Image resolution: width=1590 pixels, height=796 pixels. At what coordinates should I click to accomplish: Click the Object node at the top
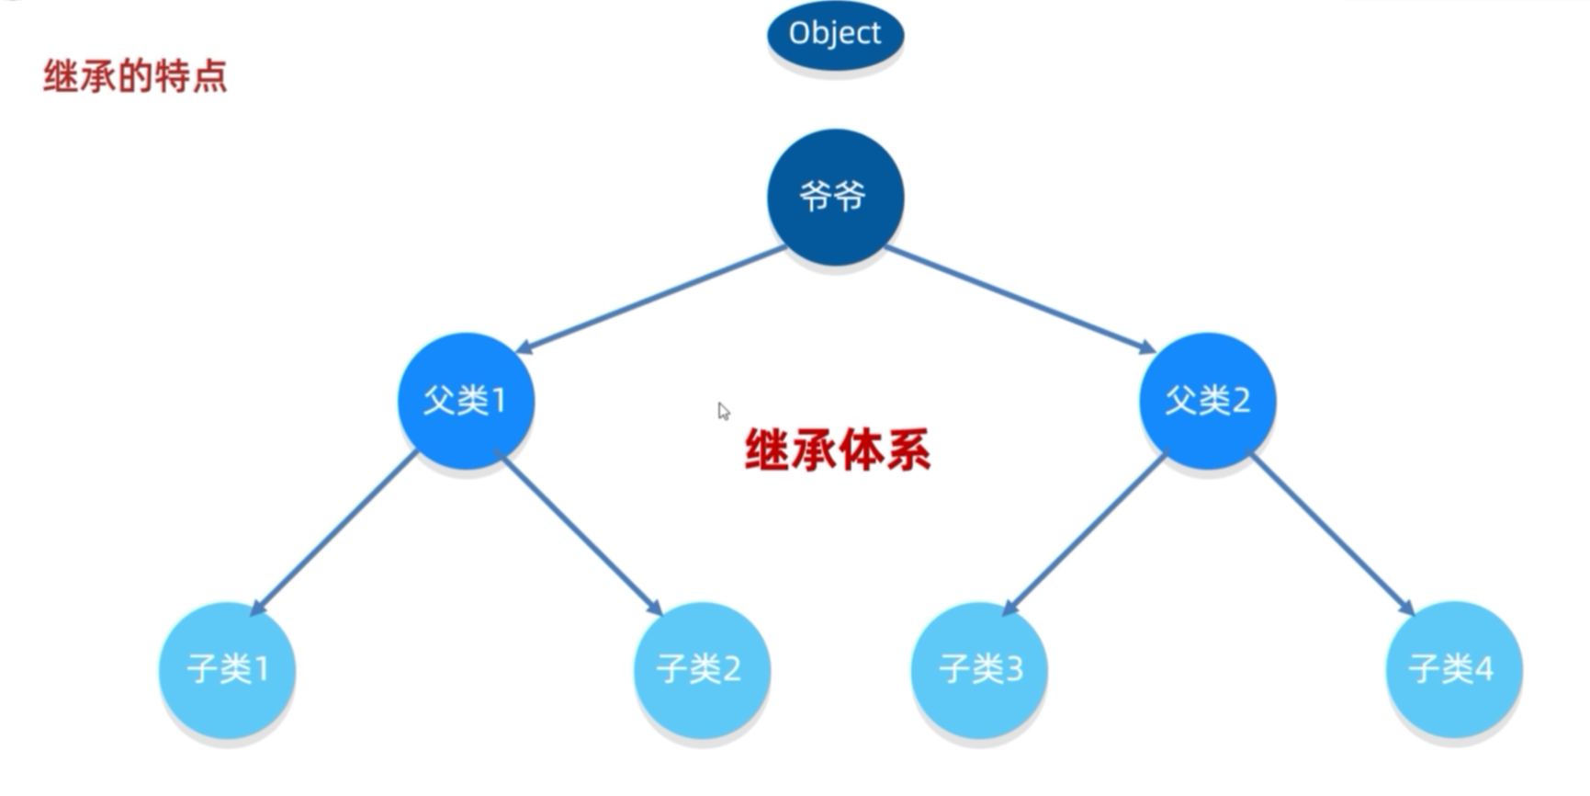click(x=835, y=34)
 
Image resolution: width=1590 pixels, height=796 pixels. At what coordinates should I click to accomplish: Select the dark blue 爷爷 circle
click(x=835, y=197)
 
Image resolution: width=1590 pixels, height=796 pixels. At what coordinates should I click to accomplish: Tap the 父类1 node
click(x=466, y=401)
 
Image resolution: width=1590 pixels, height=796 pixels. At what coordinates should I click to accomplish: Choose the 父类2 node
click(x=1207, y=401)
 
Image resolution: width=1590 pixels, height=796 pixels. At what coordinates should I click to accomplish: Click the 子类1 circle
click(x=227, y=669)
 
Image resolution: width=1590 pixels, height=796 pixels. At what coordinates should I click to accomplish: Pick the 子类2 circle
click(x=702, y=669)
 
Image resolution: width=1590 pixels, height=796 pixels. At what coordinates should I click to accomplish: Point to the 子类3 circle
click(x=979, y=669)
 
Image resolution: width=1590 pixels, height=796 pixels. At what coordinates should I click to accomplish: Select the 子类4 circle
click(x=1453, y=669)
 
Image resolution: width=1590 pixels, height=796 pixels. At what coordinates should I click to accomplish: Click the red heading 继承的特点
click(x=135, y=75)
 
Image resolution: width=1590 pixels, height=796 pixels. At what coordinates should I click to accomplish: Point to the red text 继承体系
click(x=837, y=450)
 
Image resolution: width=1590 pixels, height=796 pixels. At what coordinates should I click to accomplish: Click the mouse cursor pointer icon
click(x=724, y=411)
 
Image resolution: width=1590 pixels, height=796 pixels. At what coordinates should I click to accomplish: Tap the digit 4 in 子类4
click(x=1483, y=669)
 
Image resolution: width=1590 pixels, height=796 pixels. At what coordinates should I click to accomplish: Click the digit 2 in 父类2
click(x=1240, y=401)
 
